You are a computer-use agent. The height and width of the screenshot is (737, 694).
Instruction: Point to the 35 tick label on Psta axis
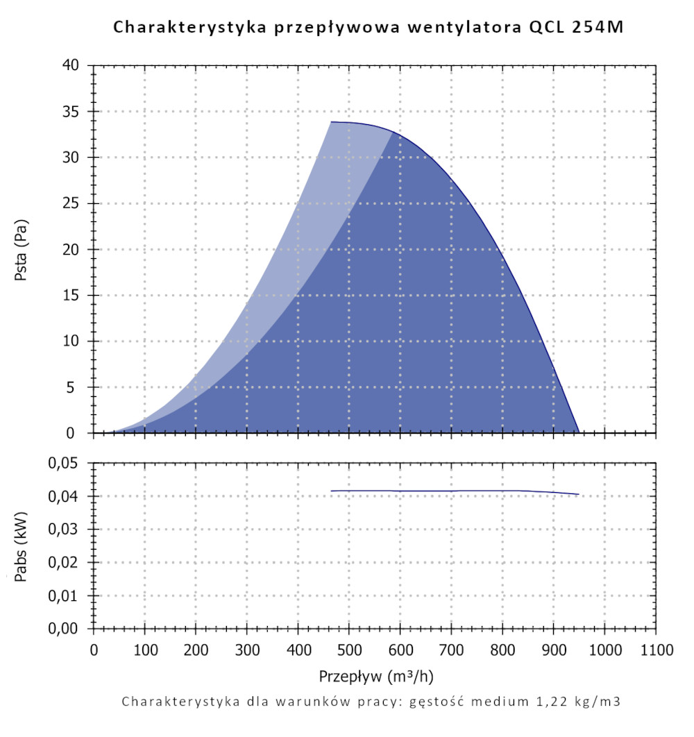click(x=71, y=112)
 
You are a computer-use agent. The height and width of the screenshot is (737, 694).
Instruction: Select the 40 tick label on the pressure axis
click(x=71, y=66)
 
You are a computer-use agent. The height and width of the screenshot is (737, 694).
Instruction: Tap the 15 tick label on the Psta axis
click(x=71, y=296)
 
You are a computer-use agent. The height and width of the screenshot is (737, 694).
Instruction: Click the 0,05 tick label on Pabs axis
click(x=65, y=464)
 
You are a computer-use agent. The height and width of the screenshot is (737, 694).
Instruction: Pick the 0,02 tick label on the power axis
click(x=65, y=563)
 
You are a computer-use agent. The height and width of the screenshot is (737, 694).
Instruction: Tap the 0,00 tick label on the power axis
click(x=65, y=629)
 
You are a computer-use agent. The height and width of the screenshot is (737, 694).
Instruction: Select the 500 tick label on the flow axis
click(x=349, y=651)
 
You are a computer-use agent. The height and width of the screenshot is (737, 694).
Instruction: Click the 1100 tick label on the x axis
click(x=656, y=651)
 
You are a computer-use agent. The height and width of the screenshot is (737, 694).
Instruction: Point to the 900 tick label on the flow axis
click(x=553, y=651)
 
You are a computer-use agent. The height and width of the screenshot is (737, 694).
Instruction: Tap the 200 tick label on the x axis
click(x=196, y=651)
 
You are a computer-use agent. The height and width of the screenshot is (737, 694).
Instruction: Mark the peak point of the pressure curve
click(x=332, y=122)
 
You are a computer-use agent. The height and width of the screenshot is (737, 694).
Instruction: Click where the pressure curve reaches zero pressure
click(x=579, y=432)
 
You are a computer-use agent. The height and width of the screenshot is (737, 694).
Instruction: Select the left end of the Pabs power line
click(x=331, y=491)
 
